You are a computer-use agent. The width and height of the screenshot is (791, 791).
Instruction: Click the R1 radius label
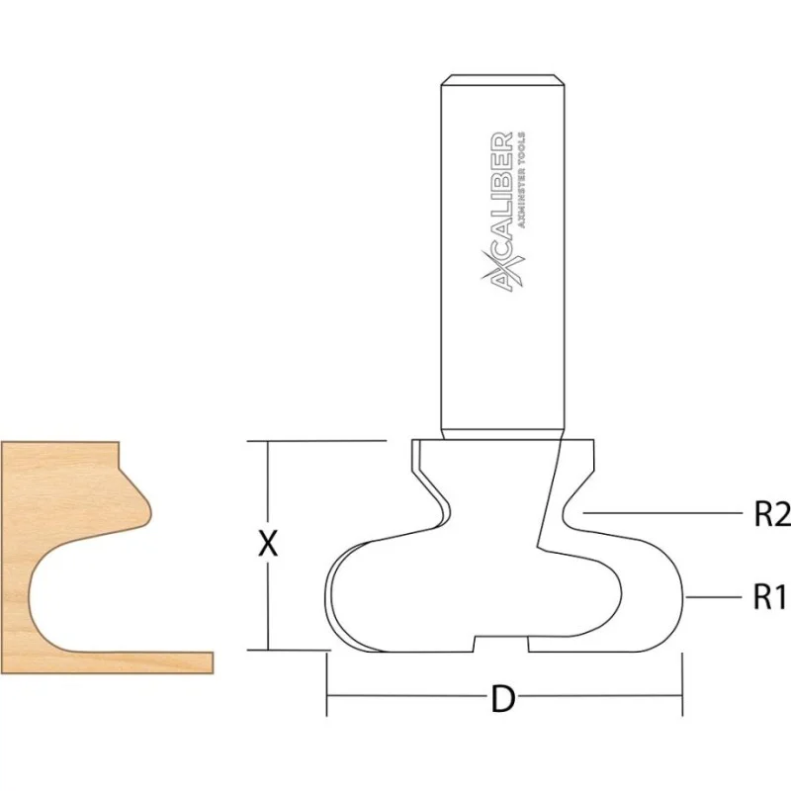pos(770,597)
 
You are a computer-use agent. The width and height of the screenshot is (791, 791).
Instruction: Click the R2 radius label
pos(772,514)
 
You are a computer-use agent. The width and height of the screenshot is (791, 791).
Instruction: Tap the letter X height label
pos(268,545)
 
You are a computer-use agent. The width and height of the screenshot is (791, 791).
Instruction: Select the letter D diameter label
pos(503,700)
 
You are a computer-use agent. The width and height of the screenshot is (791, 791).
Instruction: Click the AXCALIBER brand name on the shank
pos(502,211)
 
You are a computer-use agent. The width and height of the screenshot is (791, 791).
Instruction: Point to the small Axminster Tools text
pos(521,181)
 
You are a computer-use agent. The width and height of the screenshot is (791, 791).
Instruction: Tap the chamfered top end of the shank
pos(502,80)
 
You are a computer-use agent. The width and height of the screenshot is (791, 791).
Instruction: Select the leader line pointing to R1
pos(714,597)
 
